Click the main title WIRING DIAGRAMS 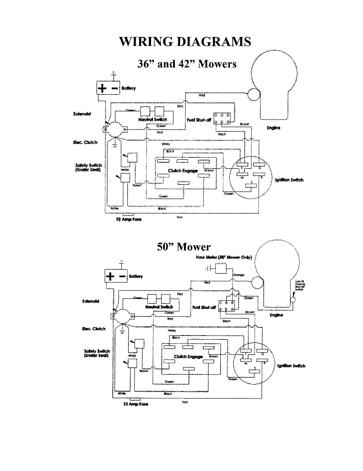(185, 42)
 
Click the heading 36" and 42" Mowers (187, 64)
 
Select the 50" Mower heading (184, 246)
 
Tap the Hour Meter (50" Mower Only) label (224, 257)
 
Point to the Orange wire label (239, 275)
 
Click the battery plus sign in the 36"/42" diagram (102, 88)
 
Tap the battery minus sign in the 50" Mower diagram (122, 276)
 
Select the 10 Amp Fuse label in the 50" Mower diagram (135, 404)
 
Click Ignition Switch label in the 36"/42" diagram (289, 180)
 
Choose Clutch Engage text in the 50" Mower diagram (190, 357)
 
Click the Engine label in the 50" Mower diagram (277, 315)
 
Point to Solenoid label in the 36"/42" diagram (82, 114)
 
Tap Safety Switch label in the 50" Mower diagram (97, 353)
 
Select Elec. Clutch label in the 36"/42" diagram (85, 142)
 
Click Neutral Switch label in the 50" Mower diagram (159, 307)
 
